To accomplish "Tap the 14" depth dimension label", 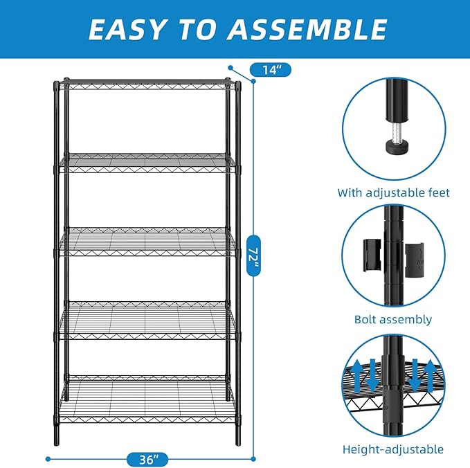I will coord(271,69).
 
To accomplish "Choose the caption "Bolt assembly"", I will coord(393,319).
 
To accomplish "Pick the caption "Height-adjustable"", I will coord(393,449).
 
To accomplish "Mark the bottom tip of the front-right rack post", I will coord(238,443).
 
